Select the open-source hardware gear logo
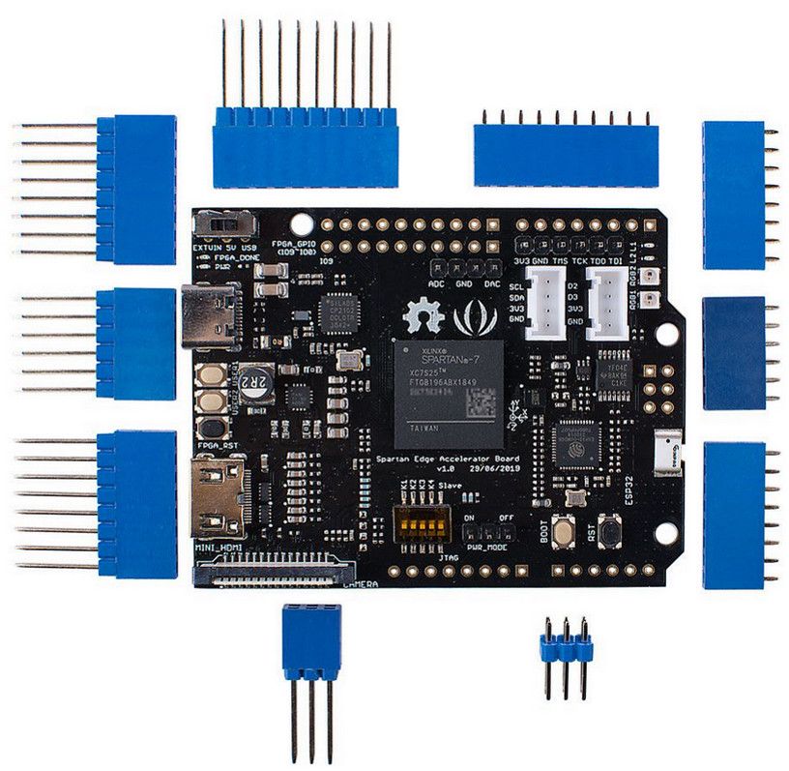click(x=424, y=316)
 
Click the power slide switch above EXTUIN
click(x=227, y=223)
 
